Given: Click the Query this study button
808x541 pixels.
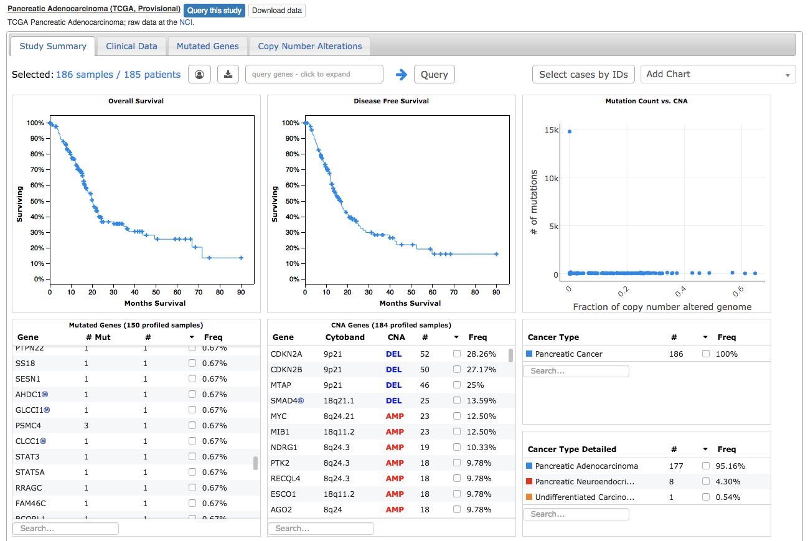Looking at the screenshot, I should tap(214, 11).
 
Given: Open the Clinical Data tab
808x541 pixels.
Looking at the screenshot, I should tap(131, 46).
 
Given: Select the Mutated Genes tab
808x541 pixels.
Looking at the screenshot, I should tap(207, 46).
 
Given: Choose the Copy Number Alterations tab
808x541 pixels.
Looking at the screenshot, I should tap(309, 46).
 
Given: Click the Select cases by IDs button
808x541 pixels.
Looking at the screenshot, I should tap(583, 74).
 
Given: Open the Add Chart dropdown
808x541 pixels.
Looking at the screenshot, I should tap(718, 74).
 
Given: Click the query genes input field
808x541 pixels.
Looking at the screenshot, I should tap(314, 74).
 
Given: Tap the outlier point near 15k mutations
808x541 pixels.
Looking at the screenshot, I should tap(569, 131).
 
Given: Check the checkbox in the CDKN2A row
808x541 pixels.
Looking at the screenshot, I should tap(457, 354).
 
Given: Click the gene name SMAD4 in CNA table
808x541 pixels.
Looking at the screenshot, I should tap(283, 400).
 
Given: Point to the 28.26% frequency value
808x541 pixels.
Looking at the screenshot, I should tap(482, 354).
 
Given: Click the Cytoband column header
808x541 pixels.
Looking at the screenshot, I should tap(342, 337).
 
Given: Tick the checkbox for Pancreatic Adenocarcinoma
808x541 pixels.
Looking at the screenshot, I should tap(706, 466).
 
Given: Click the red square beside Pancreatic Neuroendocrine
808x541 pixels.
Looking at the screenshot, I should tap(529, 481).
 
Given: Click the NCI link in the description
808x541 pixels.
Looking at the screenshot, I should tap(186, 22).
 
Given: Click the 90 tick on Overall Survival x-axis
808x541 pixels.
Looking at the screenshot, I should tap(241, 291).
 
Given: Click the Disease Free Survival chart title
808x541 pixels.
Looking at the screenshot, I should tap(391, 101).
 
